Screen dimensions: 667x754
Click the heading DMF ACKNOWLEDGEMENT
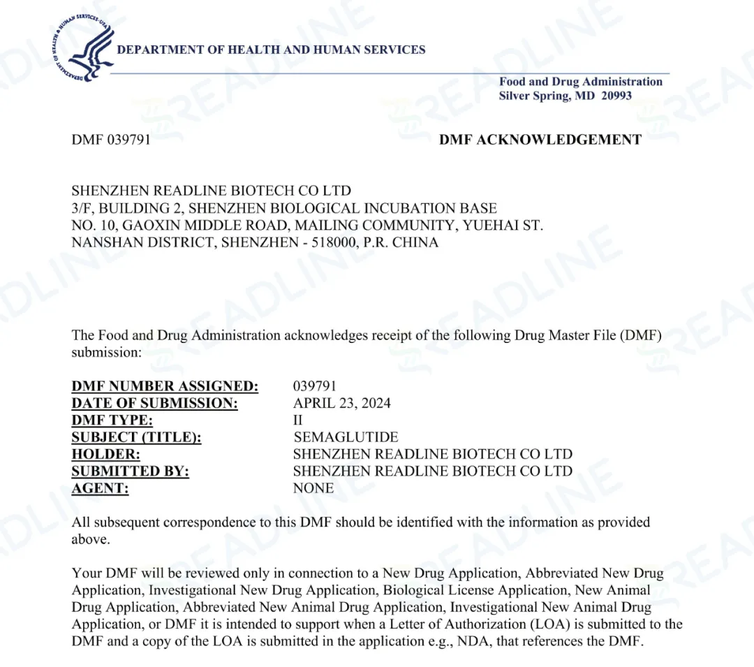pos(540,140)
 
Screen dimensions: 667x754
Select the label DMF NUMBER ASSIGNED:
pos(165,386)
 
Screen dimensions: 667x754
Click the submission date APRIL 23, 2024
pos(342,403)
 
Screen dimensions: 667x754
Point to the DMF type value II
pos(298,420)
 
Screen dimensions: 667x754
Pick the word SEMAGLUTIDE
pos(346,437)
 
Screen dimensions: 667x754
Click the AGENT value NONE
pos(313,488)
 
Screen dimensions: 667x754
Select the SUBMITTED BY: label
pos(130,471)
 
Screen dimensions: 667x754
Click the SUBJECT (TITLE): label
pos(136,437)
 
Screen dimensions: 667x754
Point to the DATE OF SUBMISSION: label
pos(154,403)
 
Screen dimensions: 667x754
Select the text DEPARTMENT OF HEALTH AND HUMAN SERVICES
pos(271,50)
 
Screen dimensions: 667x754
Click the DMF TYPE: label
pos(112,420)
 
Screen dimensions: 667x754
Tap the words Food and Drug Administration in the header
pos(580,82)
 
